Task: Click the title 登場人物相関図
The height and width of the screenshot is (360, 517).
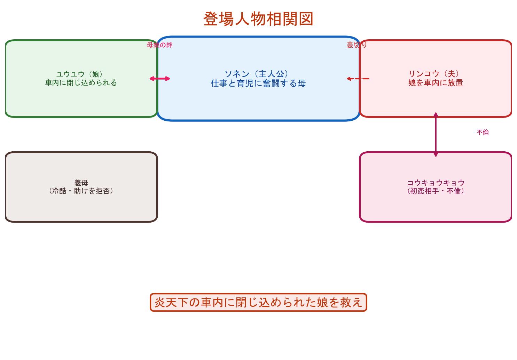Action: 258,19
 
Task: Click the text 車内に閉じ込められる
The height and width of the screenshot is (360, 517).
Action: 81,83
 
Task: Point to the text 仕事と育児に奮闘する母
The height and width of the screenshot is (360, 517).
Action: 258,83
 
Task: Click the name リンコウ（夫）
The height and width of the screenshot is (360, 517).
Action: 435,74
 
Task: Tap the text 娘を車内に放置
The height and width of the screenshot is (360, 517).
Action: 435,83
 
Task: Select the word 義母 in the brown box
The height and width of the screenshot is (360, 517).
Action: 81,183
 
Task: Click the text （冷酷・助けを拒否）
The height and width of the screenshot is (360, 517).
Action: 81,191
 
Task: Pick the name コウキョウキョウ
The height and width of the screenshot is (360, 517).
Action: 436,183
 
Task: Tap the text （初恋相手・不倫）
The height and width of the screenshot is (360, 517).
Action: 436,191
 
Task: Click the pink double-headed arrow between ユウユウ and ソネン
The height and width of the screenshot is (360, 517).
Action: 160,79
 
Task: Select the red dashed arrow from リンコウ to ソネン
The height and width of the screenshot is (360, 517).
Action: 358,79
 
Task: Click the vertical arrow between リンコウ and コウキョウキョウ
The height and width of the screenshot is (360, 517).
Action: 436,134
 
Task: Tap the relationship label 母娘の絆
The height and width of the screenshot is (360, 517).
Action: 159,45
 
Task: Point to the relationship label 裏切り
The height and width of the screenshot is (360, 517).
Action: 357,45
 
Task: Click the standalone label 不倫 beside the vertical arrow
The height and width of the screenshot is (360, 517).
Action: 483,133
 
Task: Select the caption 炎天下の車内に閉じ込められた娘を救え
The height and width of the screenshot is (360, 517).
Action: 258,302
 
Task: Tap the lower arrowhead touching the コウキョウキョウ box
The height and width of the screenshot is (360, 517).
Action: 436,154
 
